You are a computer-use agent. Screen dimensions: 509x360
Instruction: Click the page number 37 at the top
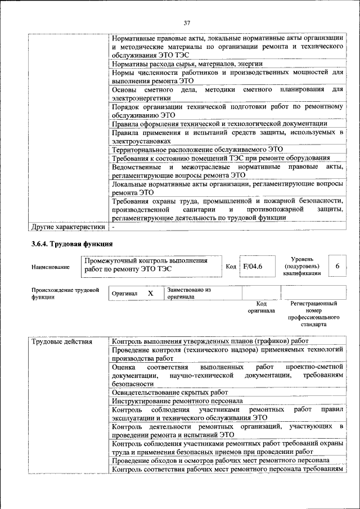(x=187, y=23)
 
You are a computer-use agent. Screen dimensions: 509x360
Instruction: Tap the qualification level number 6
(x=337, y=265)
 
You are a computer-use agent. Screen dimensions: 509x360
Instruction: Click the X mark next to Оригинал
(x=150, y=293)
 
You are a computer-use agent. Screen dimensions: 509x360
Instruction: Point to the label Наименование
(x=51, y=267)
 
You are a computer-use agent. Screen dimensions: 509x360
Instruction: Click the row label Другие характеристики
(x=68, y=227)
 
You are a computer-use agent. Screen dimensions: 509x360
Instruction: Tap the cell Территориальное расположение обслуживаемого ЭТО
(x=197, y=150)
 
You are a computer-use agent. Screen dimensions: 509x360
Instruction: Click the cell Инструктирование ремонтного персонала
(x=177, y=401)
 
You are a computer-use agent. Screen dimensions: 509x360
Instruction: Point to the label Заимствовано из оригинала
(x=188, y=293)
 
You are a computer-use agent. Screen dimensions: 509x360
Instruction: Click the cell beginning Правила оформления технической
(x=219, y=123)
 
